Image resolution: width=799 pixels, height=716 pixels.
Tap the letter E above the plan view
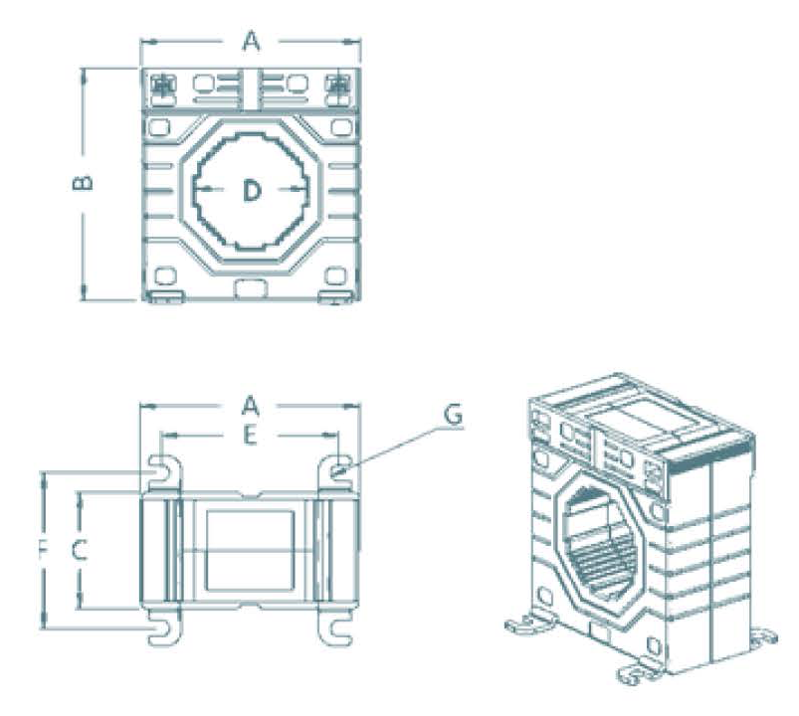(251, 435)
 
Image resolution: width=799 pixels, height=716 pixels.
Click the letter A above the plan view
(251, 406)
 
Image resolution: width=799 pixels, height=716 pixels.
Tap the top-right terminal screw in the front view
(338, 87)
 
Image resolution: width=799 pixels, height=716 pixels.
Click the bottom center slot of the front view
(250, 288)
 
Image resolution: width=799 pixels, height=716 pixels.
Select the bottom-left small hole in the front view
(165, 274)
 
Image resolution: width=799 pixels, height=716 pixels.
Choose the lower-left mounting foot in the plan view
(162, 626)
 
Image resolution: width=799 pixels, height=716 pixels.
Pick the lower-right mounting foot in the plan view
(336, 626)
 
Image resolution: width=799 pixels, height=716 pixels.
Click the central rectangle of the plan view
(250, 549)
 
